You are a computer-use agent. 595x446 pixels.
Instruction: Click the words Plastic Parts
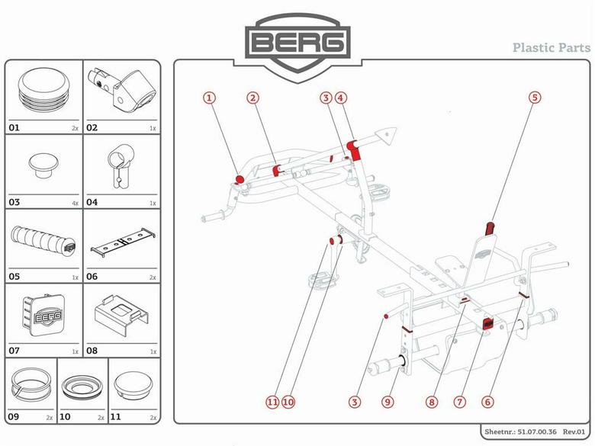pos(551,47)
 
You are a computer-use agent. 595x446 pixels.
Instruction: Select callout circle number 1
pos(209,98)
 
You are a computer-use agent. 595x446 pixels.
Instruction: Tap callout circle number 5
pos(534,98)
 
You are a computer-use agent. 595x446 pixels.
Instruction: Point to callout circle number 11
pos(271,401)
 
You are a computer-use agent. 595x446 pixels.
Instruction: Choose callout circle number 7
pos(459,401)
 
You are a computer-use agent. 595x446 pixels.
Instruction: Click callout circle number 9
pos(388,401)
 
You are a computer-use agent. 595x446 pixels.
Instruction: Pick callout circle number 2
pos(252,98)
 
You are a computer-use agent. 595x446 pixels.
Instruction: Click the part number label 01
pos(14,128)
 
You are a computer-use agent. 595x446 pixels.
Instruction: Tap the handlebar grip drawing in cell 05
pos(43,243)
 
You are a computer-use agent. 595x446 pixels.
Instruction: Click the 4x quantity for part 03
pos(74,204)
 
